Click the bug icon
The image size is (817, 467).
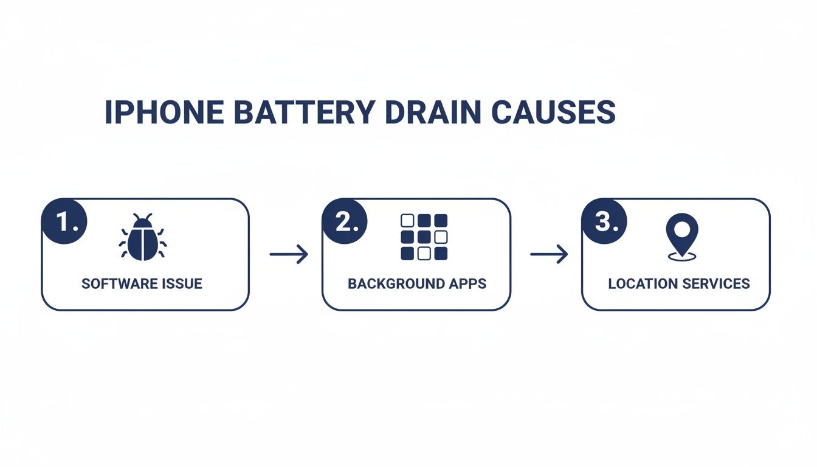pos(143,238)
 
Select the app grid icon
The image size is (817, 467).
pos(424,237)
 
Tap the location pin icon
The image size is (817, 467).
pos(681,237)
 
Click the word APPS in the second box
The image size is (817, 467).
pos(469,284)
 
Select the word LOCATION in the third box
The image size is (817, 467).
pos(641,284)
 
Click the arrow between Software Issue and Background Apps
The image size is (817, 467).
pos(289,254)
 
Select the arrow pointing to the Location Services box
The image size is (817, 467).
pos(549,254)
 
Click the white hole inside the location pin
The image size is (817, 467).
pos(681,229)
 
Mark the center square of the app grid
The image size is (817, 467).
pos(424,237)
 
